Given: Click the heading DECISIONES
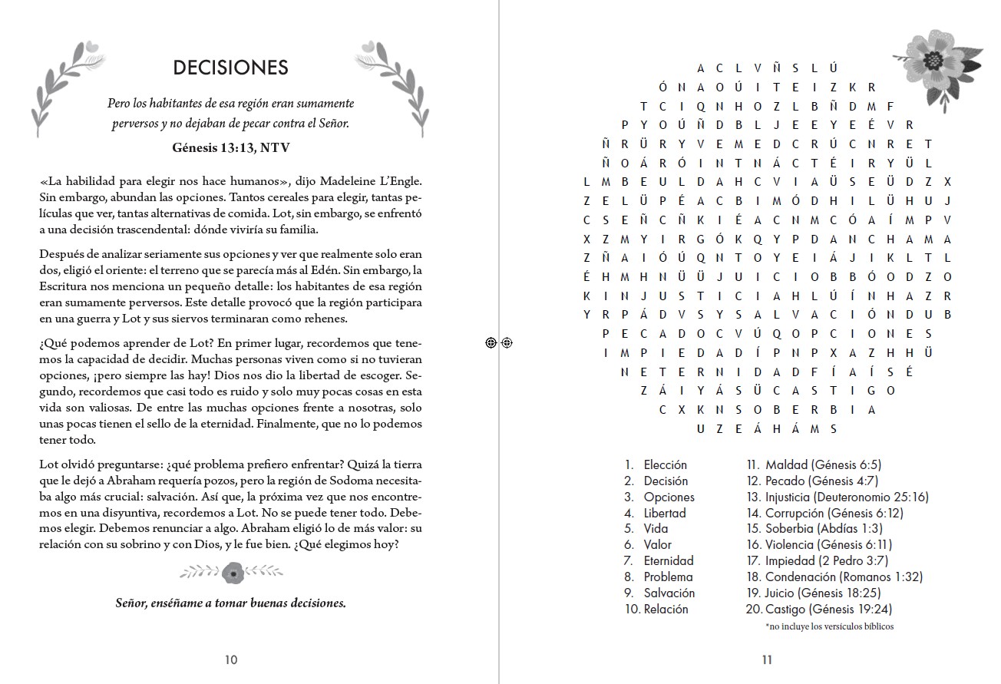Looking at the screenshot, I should pos(230,68).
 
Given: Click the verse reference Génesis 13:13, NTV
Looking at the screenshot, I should pos(230,147).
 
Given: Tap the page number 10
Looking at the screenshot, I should pos(231,659).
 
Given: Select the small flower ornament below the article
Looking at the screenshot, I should pos(232,572).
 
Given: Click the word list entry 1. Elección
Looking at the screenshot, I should pos(656,464).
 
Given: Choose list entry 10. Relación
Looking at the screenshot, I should pos(656,609).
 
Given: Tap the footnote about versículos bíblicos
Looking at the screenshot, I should pos(829,626).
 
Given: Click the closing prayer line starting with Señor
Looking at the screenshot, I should pos(230,603).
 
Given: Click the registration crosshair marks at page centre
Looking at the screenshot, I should pos(499,343).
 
